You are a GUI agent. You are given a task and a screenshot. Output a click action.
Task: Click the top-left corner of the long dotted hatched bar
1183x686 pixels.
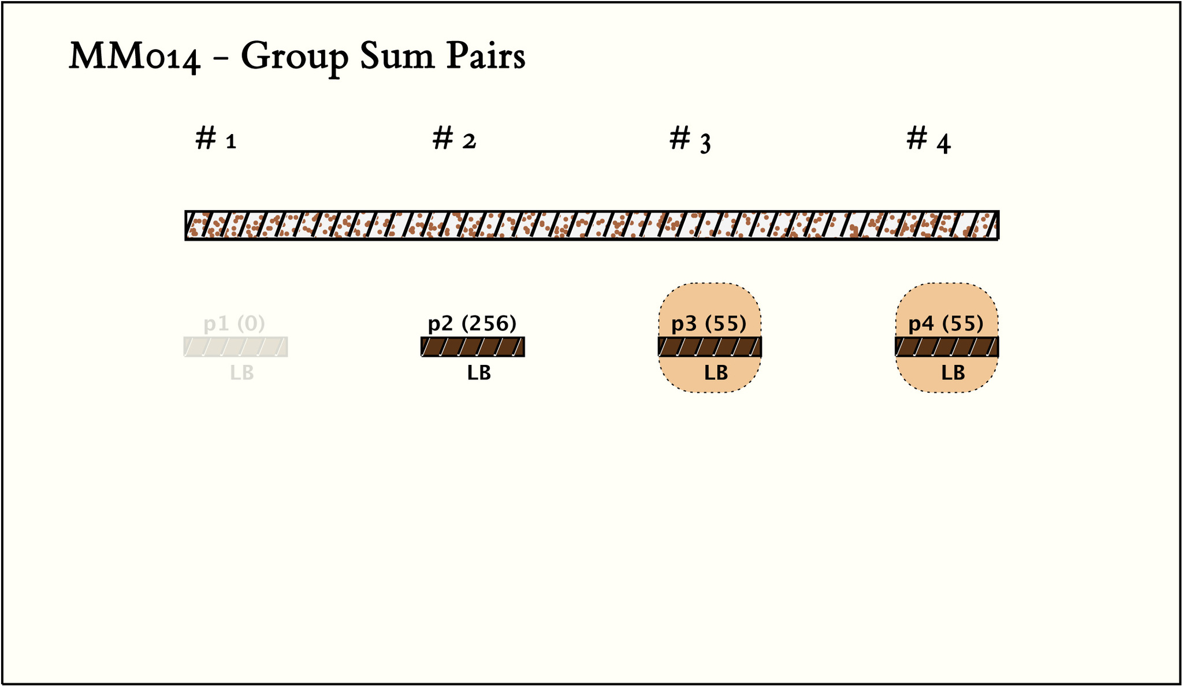pyautogui.click(x=185, y=211)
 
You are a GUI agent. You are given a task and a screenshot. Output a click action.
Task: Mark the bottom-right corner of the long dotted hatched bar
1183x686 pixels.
pyautogui.click(x=999, y=239)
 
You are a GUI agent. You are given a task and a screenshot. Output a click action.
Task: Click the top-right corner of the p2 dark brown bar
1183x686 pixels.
pyautogui.click(x=524, y=338)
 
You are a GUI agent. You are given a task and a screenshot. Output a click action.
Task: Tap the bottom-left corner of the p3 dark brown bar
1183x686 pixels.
pyautogui.click(x=659, y=356)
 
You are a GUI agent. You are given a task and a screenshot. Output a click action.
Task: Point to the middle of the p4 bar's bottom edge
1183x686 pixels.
pyautogui.click(x=947, y=356)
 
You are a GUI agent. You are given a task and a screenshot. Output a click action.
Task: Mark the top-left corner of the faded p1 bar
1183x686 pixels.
pyautogui.click(x=184, y=338)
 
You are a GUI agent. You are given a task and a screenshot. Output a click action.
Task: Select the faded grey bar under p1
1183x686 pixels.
pyautogui.click(x=236, y=346)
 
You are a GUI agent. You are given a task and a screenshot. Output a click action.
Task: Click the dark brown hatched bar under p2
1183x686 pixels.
pyautogui.click(x=473, y=346)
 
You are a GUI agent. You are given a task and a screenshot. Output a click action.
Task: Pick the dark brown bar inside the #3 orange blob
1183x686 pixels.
pyautogui.click(x=710, y=346)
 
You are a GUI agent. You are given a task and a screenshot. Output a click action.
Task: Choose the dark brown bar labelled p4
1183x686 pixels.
pyautogui.click(x=947, y=346)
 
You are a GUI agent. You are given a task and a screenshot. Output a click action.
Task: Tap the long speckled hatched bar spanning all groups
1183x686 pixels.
pyautogui.click(x=592, y=225)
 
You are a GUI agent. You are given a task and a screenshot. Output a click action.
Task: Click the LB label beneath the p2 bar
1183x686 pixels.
pyautogui.click(x=479, y=373)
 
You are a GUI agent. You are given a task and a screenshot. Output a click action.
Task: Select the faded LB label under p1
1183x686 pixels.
pyautogui.click(x=242, y=373)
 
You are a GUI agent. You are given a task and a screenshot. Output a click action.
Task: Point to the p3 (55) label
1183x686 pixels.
pyautogui.click(x=709, y=324)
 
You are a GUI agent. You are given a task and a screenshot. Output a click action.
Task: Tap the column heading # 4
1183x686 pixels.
pyautogui.click(x=928, y=140)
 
